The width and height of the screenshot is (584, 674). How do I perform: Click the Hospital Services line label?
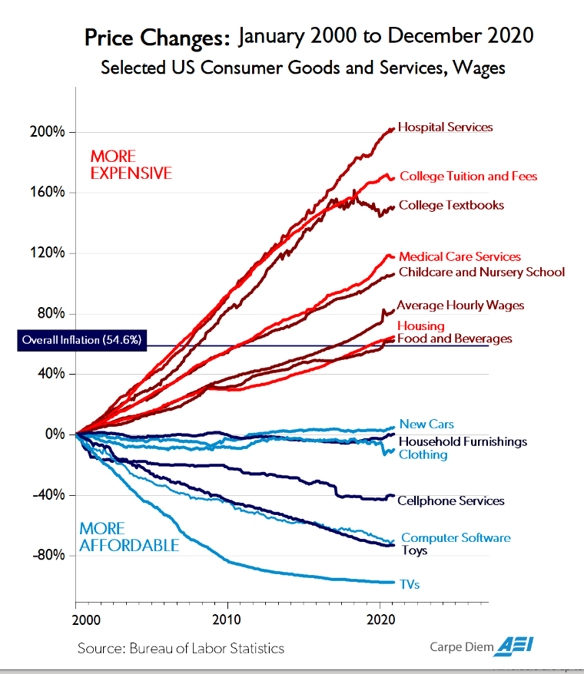click(445, 127)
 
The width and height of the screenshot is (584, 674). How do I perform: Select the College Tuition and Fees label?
click(468, 177)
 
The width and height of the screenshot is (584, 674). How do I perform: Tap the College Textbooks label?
click(451, 205)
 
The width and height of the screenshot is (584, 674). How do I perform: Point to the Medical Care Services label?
click(460, 257)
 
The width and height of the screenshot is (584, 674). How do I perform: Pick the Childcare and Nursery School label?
click(482, 273)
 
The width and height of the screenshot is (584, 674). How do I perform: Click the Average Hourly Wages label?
click(460, 306)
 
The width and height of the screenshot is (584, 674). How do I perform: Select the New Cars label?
click(426, 424)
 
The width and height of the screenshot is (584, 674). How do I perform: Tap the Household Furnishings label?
click(463, 441)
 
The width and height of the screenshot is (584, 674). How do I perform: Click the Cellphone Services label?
click(450, 501)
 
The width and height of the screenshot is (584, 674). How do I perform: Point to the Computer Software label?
click(456, 538)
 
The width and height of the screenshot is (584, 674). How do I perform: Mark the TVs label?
click(409, 584)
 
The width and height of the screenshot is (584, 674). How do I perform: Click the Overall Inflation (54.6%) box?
click(81, 339)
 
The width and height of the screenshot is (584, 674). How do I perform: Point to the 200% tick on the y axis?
click(50, 132)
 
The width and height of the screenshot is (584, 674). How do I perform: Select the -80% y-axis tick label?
click(50, 555)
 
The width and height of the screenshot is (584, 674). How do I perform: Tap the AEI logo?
click(516, 646)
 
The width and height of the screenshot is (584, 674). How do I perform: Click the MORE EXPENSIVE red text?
click(131, 164)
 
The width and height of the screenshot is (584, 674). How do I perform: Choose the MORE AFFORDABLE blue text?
click(129, 537)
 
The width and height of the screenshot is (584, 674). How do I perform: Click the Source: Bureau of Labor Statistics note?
click(181, 649)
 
